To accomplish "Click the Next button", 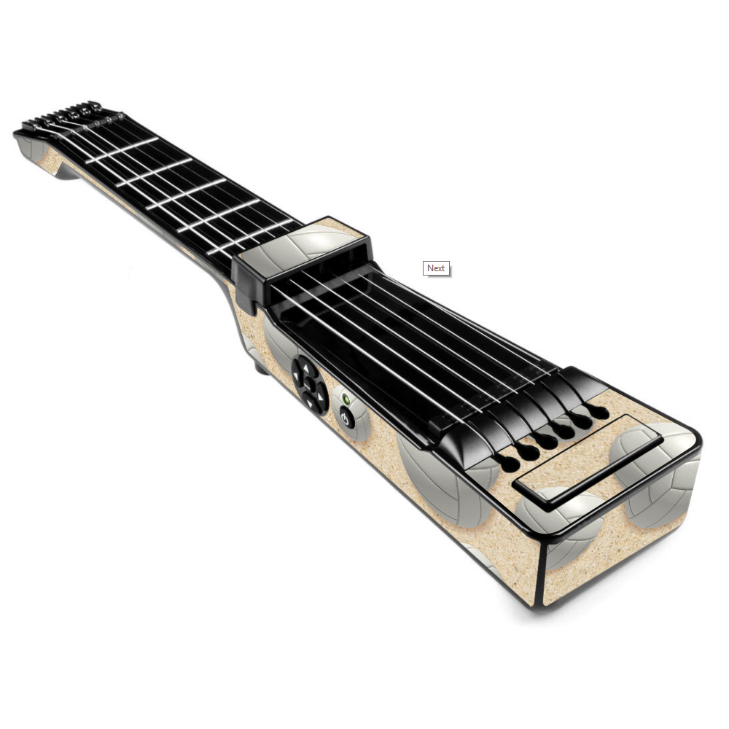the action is click(x=436, y=268).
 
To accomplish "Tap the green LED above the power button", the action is click(x=346, y=399).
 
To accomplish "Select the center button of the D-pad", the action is click(x=310, y=384).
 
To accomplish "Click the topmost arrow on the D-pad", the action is click(x=306, y=367).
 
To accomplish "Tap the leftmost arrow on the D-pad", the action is click(x=296, y=375).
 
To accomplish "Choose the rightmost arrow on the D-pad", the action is click(x=320, y=397).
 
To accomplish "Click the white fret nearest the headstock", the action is click(x=122, y=150).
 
